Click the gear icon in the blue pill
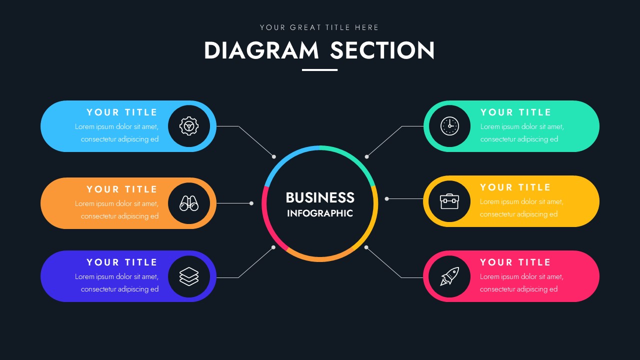pos(189,126)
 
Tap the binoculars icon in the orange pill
pos(189,203)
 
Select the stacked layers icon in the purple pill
pos(189,276)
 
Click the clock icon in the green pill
pos(449,126)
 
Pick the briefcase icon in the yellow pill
pos(449,201)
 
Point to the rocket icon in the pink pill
pos(449,276)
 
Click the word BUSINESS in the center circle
pos(320,197)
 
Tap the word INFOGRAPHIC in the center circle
pos(320,213)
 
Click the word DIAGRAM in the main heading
pos(261,50)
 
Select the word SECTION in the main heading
pos(382,50)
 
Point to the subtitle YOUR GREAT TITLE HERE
pos(319,27)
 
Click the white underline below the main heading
pos(319,70)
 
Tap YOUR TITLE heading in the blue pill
pos(122,112)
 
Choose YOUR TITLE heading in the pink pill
pos(515,262)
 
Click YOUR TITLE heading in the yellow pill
pos(515,187)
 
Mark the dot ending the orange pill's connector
pos(251,203)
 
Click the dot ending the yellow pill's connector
pos(386,198)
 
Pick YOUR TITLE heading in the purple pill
pos(122,262)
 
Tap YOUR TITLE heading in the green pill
pos(516,112)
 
